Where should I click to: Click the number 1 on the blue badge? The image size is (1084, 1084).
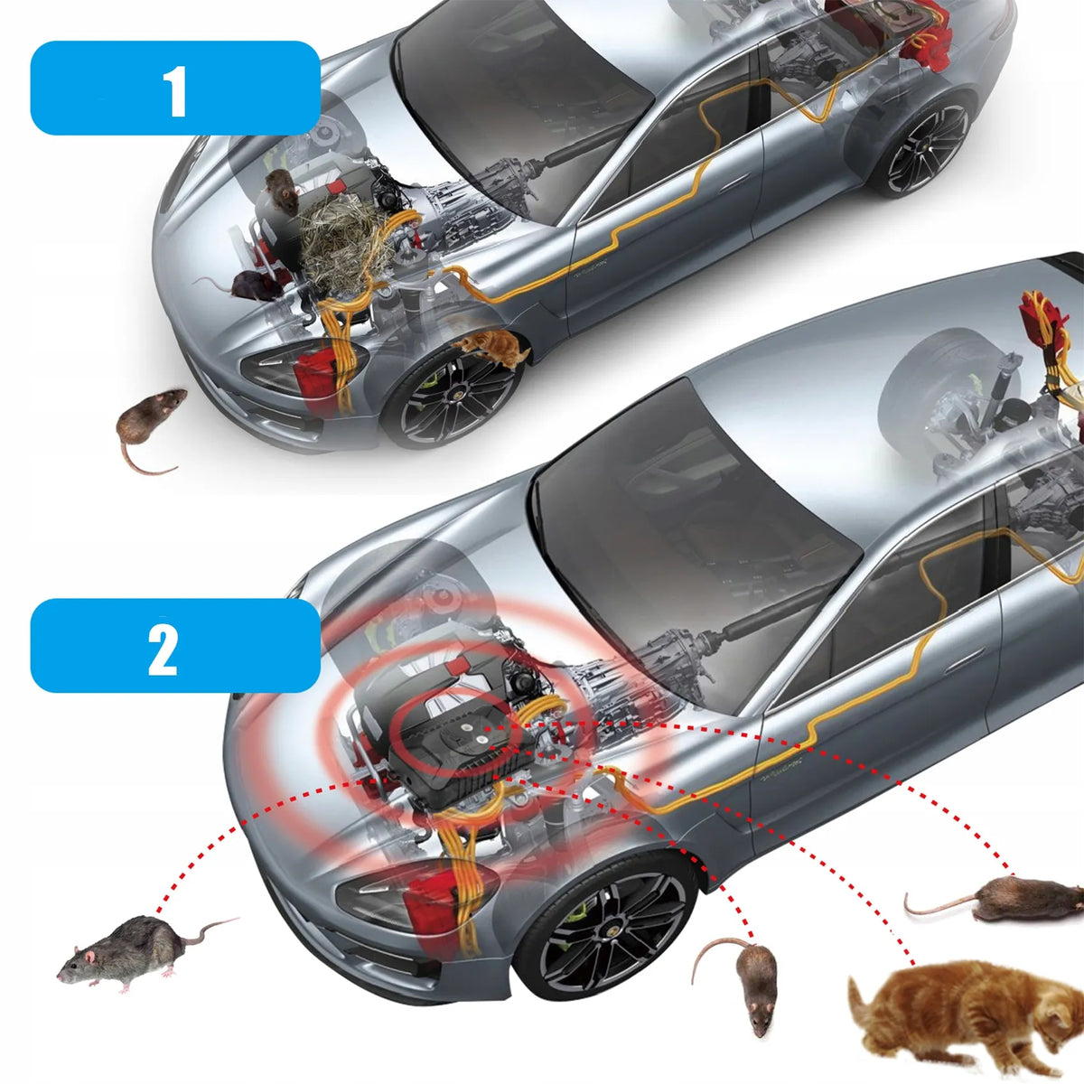click(x=176, y=91)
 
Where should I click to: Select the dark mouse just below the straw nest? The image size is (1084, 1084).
click(x=248, y=285)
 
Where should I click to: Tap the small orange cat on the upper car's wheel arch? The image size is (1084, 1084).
click(x=491, y=347)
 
